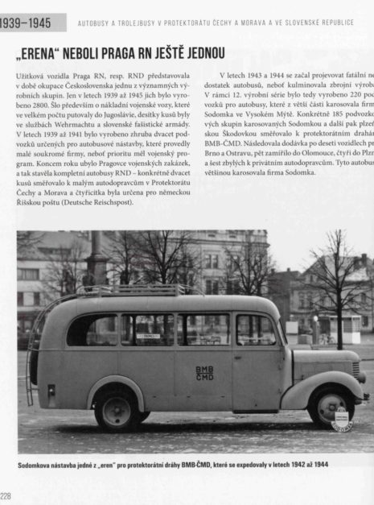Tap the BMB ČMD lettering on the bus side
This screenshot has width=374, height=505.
(x=204, y=373)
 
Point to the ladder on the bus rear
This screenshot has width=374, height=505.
(x=33, y=354)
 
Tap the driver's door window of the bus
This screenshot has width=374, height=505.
(x=256, y=329)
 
